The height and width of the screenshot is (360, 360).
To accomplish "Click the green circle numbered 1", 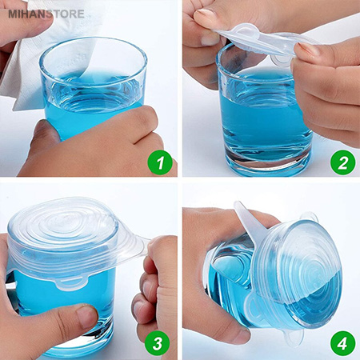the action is click(x=160, y=162).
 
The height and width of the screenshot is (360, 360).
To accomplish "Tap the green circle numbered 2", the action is click(x=343, y=162).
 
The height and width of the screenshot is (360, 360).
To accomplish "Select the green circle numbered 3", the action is click(x=158, y=343).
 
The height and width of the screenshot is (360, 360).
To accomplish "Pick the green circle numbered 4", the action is click(x=343, y=343).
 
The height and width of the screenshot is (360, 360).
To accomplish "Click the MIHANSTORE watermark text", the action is click(x=46, y=14).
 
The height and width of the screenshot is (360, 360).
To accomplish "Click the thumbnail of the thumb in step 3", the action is click(x=86, y=316).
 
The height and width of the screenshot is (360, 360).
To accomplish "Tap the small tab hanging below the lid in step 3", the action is click(x=72, y=282).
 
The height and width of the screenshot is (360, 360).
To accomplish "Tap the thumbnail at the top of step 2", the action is click(x=206, y=15).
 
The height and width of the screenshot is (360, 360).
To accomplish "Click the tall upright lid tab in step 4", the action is click(x=246, y=218).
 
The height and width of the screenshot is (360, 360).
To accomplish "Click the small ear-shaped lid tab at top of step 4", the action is click(x=310, y=217).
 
